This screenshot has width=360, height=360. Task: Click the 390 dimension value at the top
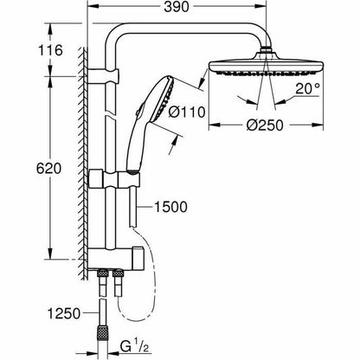click(x=177, y=7)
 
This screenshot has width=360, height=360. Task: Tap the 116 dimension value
click(x=50, y=50)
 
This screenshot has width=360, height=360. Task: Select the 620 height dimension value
click(x=48, y=169)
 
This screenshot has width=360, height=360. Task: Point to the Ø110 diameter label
click(x=187, y=112)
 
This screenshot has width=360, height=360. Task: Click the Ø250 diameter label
click(x=265, y=125)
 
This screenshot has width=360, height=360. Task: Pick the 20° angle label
click(x=307, y=89)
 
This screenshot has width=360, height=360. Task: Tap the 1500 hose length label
click(x=170, y=207)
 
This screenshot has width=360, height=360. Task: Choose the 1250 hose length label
click(x=64, y=314)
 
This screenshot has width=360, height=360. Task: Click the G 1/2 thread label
click(x=134, y=347)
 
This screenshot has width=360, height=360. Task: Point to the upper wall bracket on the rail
click(x=103, y=76)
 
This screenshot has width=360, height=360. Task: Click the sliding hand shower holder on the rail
click(x=114, y=179)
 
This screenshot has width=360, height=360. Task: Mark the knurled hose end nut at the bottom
click(x=102, y=337)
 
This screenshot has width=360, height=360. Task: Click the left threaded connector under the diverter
click(x=103, y=283)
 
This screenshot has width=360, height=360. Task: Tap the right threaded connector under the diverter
click(x=118, y=283)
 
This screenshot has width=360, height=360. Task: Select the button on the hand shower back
click(x=138, y=112)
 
